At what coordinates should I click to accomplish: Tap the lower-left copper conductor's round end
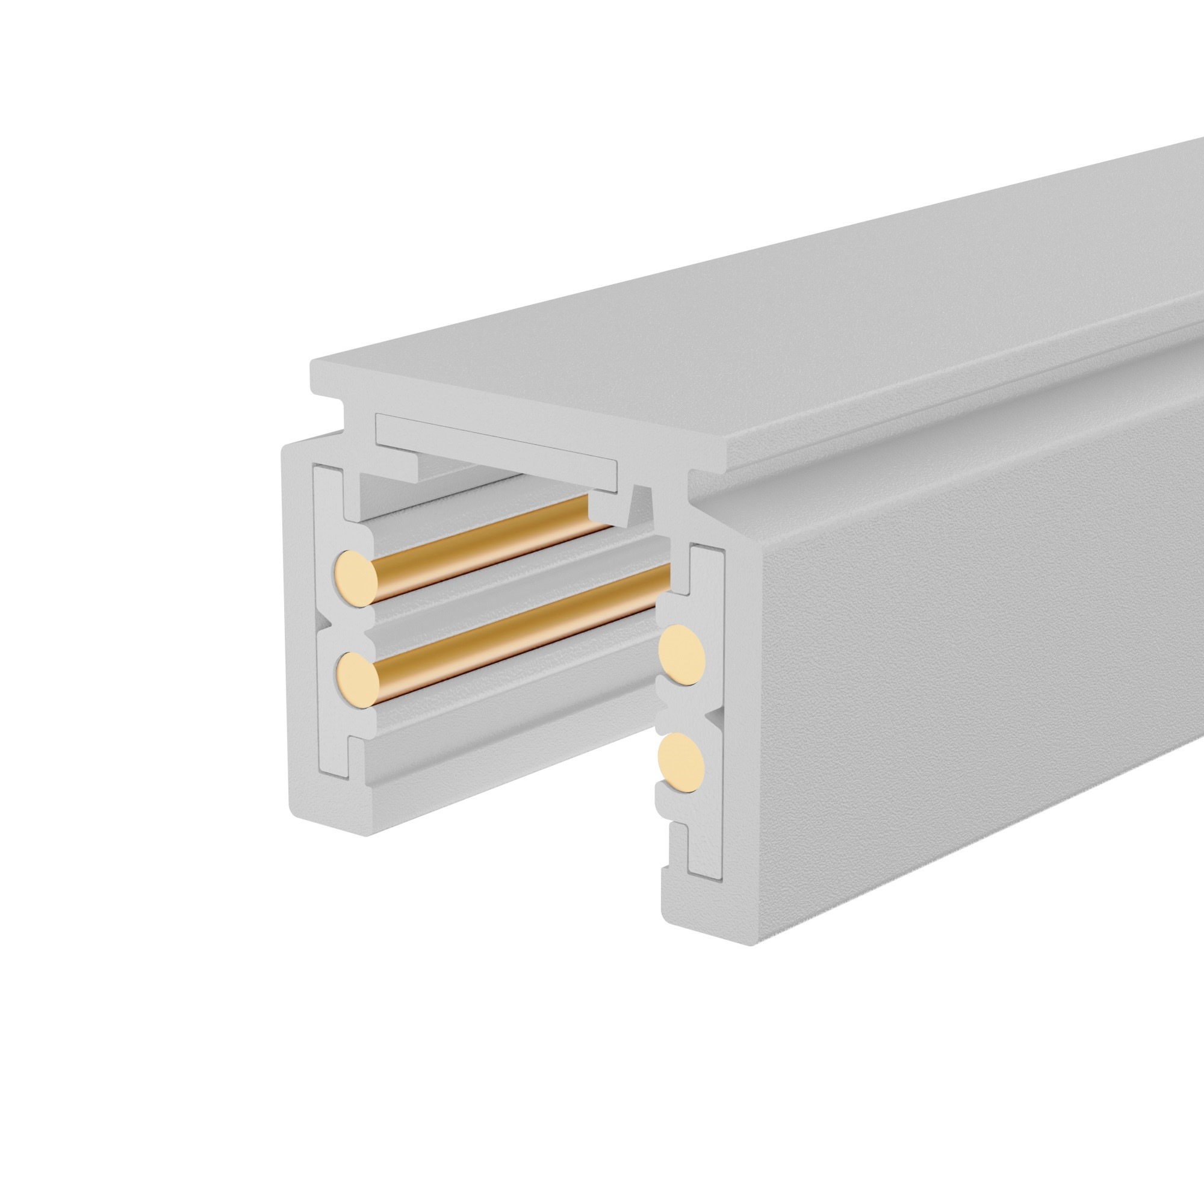click(x=356, y=679)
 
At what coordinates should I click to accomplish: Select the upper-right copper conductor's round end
click(x=683, y=656)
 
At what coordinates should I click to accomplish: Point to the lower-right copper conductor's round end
click(x=681, y=763)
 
